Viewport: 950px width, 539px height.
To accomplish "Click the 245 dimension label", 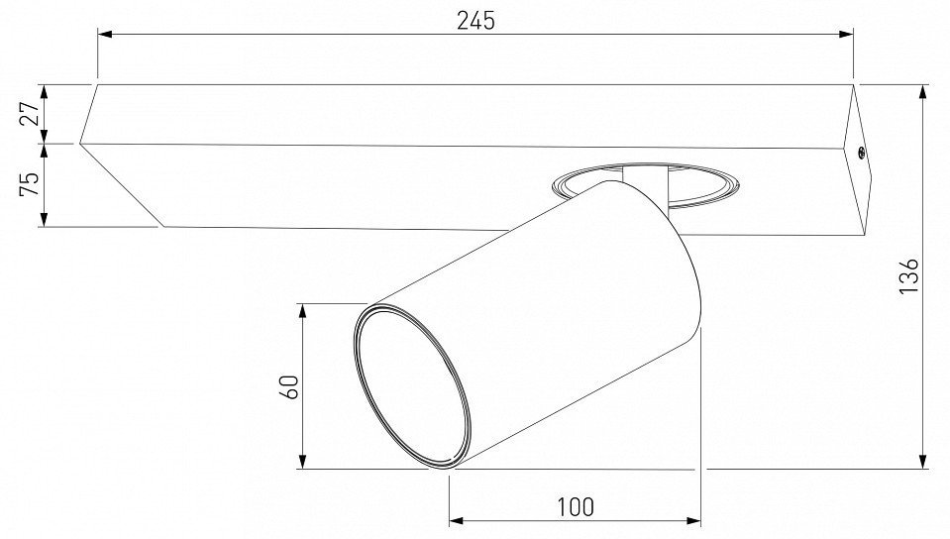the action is tap(475, 21).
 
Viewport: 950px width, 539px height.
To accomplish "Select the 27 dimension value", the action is tap(31, 113).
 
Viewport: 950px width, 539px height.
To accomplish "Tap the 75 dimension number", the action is tap(29, 183).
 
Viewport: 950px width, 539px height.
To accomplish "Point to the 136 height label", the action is tap(908, 275).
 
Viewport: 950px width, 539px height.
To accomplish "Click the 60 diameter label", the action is tap(289, 386).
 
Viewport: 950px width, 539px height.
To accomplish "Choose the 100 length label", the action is tap(575, 507).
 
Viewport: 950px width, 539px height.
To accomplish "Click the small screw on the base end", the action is tap(860, 154).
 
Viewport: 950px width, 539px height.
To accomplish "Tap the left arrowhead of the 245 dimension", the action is tap(105, 35).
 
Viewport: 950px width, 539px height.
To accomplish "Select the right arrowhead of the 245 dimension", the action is tap(846, 35).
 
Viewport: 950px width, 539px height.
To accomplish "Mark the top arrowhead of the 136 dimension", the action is tap(922, 92).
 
